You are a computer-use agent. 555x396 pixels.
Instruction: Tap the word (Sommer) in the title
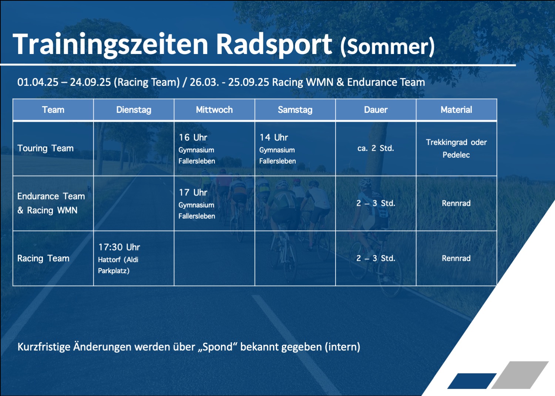387,47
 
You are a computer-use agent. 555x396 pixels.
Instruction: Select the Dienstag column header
134,110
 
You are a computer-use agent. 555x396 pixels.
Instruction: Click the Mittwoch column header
214,110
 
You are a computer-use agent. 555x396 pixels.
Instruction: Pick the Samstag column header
295,110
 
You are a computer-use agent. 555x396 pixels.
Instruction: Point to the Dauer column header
376,110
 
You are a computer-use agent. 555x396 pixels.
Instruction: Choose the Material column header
456,110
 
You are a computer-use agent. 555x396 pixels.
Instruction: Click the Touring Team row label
46,148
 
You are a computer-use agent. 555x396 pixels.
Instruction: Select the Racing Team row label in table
43,258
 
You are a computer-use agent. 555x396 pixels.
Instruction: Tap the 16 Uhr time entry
193,137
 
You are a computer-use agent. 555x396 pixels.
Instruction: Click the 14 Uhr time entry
273,137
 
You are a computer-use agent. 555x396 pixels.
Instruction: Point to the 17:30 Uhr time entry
119,247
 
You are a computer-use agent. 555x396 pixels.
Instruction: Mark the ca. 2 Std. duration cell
376,148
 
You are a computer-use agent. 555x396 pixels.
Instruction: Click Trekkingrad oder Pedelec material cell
456,148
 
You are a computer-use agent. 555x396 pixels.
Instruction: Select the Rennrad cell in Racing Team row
456,258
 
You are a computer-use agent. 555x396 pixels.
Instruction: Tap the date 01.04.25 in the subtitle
38,82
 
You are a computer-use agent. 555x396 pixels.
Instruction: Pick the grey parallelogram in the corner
520,375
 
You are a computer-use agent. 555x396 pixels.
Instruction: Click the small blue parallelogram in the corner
472,381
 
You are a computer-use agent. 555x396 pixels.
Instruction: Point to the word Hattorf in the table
109,260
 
